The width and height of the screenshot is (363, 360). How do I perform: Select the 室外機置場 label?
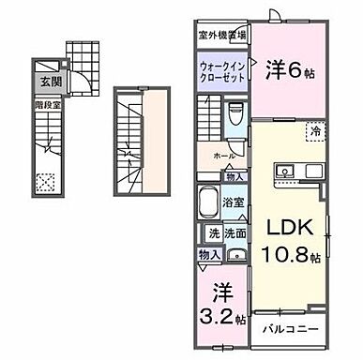(221, 36)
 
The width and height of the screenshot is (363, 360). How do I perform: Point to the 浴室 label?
(234, 200)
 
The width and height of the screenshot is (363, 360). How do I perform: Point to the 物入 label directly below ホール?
(234, 175)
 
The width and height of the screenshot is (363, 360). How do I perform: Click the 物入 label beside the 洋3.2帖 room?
(208, 253)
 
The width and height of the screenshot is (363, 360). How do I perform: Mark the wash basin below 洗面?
(235, 255)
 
